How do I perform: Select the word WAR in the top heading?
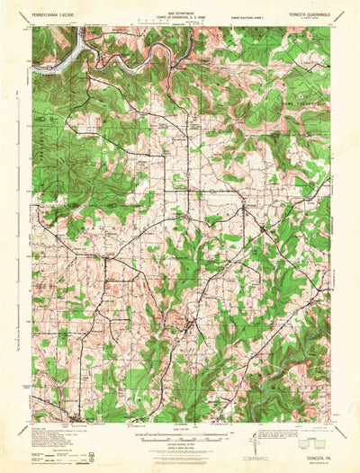coord(166,11)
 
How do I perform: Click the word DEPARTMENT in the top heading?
coord(185,11)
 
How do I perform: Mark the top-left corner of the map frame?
coord(32,26)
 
